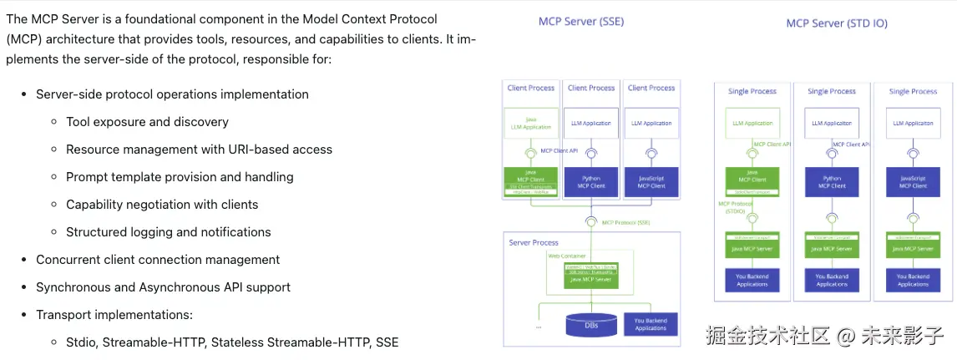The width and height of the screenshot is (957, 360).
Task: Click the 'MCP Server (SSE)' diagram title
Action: [580, 22]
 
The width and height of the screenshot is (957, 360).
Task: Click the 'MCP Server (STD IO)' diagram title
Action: [837, 23]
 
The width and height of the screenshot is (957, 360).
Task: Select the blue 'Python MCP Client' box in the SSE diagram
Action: [591, 181]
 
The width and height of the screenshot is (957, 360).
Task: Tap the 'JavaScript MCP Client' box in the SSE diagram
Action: [651, 181]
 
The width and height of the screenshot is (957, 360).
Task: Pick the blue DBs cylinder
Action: [591, 324]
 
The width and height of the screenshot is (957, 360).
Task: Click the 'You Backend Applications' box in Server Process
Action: [651, 324]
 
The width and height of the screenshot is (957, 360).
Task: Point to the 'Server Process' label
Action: [533, 242]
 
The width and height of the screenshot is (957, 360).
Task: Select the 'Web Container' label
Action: [566, 256]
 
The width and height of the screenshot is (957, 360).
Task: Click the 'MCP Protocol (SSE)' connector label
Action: [627, 221]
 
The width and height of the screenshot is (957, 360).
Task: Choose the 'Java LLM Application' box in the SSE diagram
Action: [531, 123]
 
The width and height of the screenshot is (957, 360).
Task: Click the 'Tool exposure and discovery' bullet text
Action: [147, 122]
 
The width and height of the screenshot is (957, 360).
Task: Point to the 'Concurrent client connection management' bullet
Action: [158, 260]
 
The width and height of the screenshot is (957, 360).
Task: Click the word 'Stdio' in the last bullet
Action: [82, 342]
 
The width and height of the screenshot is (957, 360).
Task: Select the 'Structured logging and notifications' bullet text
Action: [168, 232]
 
